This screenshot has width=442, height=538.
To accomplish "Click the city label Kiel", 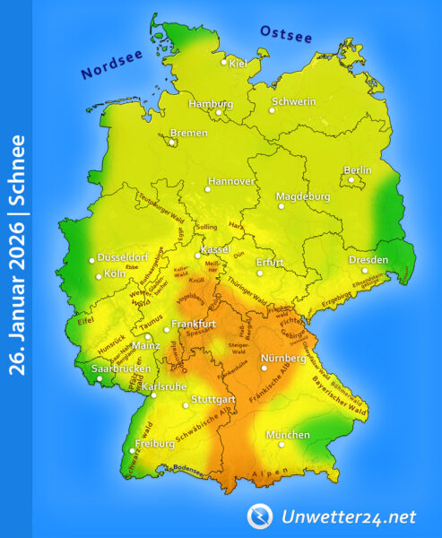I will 239,64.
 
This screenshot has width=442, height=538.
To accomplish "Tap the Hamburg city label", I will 211,103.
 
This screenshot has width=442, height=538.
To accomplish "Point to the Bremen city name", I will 189,133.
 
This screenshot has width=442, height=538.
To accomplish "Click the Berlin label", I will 358,170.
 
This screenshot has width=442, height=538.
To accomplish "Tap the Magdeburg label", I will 302,196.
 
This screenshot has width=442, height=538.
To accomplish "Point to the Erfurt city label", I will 270,262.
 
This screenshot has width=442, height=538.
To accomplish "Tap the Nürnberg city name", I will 283,359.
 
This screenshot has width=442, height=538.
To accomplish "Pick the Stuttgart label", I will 213,398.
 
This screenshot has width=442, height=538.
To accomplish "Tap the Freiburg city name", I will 154,444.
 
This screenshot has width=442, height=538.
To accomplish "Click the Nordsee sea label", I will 112,64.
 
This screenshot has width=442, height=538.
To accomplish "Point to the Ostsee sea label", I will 286,34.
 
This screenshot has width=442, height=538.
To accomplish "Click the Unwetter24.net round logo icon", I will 260,516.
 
